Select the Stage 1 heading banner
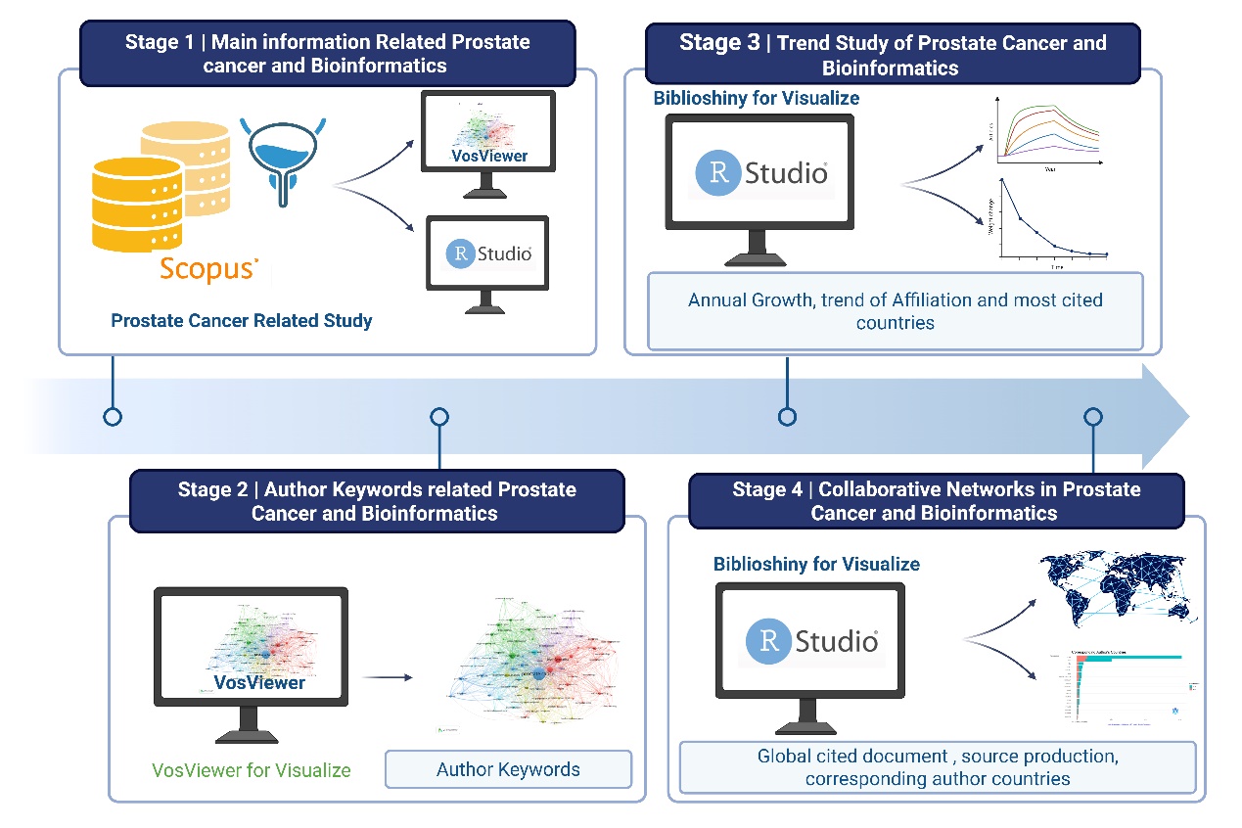click(327, 55)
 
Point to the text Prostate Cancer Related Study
click(241, 321)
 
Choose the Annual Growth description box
click(895, 311)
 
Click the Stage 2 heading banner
click(376, 501)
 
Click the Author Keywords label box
click(508, 769)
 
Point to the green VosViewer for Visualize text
click(252, 770)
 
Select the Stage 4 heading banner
click(936, 501)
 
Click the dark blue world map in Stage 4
click(1116, 588)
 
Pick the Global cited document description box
click(937, 767)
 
